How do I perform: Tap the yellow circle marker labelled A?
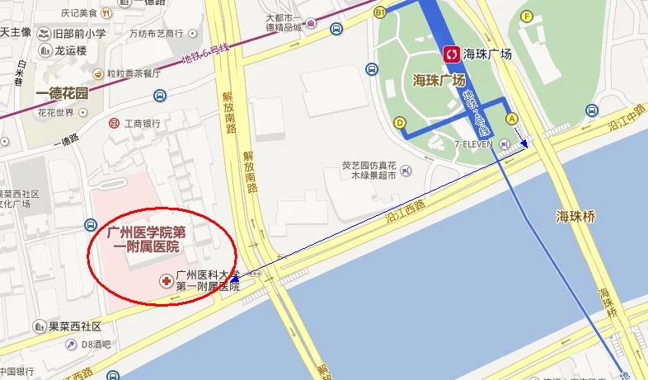point(512,118)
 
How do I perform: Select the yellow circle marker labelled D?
point(400,123)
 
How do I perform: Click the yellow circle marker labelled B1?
point(380,13)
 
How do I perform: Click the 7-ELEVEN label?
point(473,144)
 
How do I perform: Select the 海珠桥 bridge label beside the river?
point(575,217)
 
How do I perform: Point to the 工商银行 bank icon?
point(114,124)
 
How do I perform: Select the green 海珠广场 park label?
point(439,81)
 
